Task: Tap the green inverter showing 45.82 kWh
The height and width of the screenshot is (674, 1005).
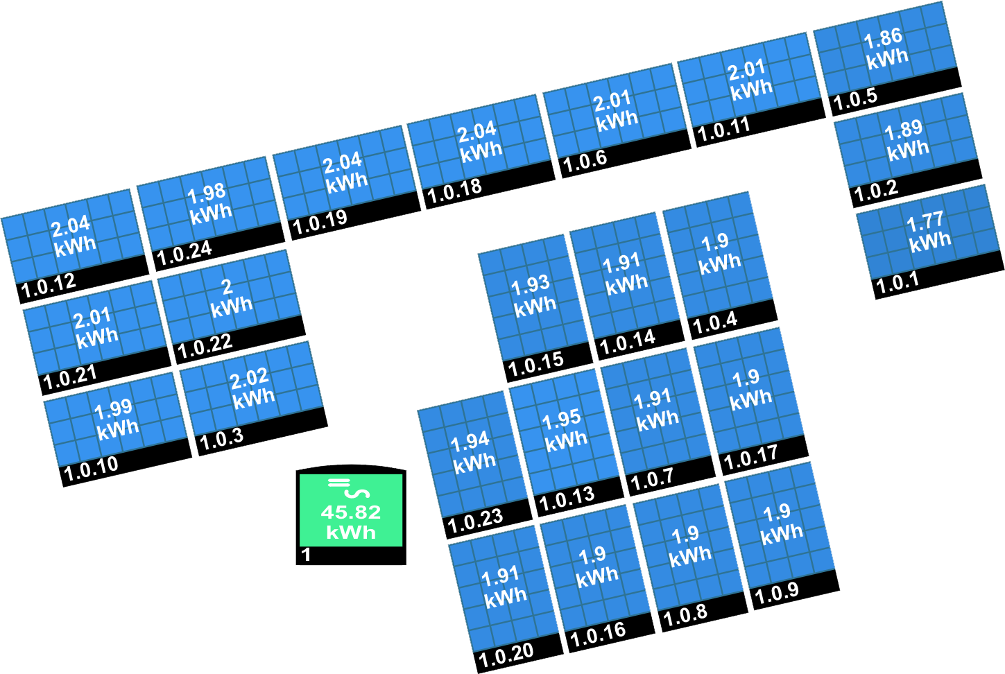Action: pos(351,515)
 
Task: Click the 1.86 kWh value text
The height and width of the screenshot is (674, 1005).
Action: pos(885,48)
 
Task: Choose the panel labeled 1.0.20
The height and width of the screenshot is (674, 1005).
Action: pos(504,596)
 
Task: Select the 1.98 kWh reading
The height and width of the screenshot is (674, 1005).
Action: pos(209,202)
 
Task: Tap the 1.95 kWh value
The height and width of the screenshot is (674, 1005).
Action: pos(564,429)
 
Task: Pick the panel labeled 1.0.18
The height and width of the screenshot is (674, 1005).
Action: pos(480,149)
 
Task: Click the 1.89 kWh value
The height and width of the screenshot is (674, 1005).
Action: pos(906,139)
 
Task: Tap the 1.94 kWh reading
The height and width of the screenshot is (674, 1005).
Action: pos(472,451)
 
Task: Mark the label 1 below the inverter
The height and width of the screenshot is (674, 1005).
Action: pos(307,555)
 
